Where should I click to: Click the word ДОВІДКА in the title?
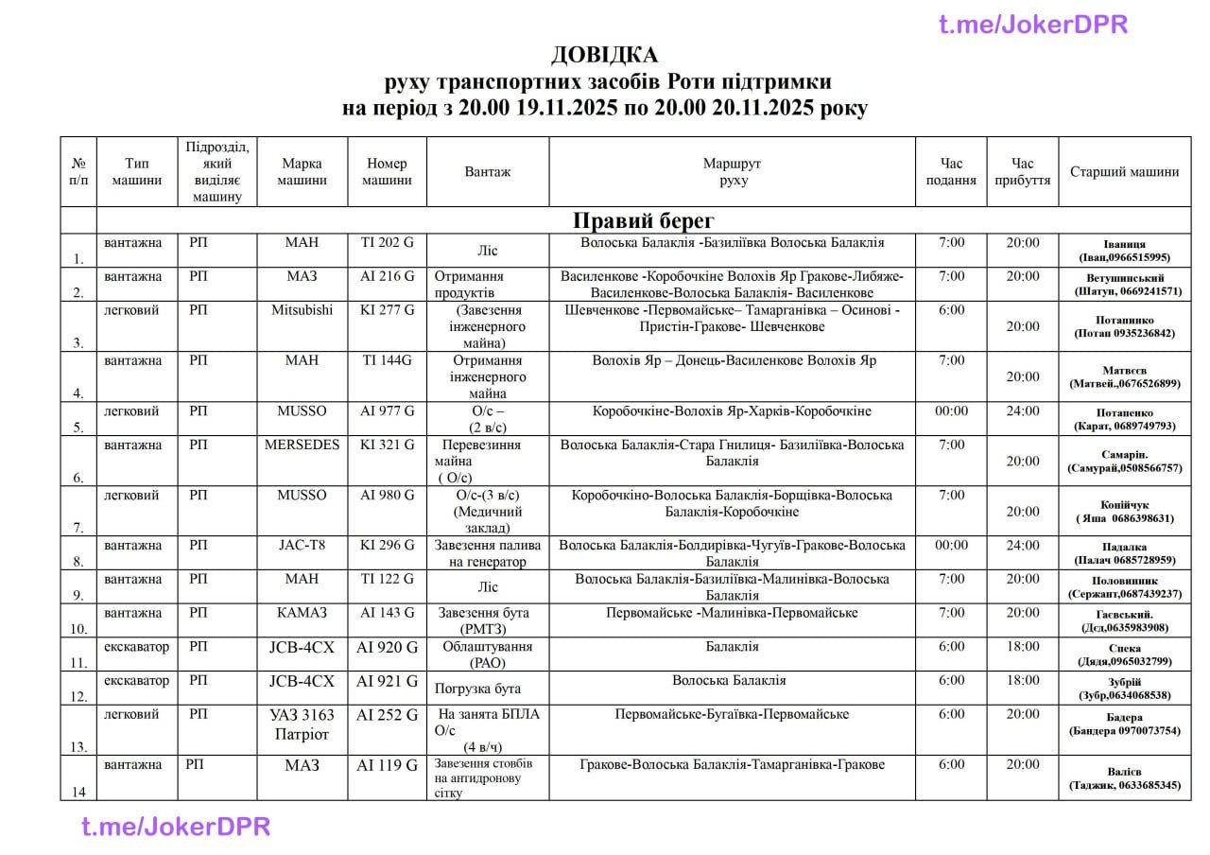(604, 54)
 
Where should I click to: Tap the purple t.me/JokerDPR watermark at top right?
(1033, 25)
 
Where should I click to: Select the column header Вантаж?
(487, 172)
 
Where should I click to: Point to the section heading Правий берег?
(645, 220)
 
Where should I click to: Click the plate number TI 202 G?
(387, 243)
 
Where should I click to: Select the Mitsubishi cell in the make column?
(302, 310)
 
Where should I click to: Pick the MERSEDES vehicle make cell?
(302, 445)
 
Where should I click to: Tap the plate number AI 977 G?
(387, 411)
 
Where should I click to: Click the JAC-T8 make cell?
(302, 546)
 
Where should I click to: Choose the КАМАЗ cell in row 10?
(302, 613)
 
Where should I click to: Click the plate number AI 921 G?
(387, 681)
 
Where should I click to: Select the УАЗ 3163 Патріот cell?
(302, 724)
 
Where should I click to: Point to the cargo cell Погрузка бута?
(477, 689)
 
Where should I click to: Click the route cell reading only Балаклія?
(732, 647)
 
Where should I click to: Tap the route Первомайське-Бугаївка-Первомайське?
(732, 715)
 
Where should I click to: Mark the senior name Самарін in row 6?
(1124, 455)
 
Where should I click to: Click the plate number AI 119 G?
(387, 765)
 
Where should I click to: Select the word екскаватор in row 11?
(136, 647)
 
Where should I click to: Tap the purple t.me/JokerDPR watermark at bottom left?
(176, 827)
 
